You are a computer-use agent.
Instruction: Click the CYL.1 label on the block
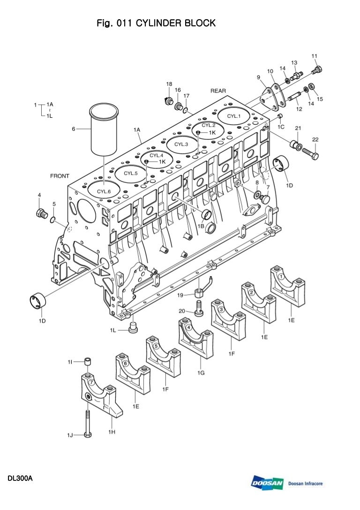point(233,116)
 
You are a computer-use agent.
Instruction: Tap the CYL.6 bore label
point(104,191)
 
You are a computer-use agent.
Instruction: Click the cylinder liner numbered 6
point(105,130)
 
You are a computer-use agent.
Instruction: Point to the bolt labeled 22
point(310,153)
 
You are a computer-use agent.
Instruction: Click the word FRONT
point(60,176)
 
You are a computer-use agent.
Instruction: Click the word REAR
point(218,91)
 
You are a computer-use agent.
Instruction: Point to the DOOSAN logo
point(267,483)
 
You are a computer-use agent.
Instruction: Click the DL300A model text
point(19,479)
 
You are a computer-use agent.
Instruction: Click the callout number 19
point(180,295)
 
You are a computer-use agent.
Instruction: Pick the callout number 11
point(314,56)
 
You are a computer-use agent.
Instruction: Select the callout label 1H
point(112,432)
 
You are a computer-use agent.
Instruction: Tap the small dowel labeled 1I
point(88,361)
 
